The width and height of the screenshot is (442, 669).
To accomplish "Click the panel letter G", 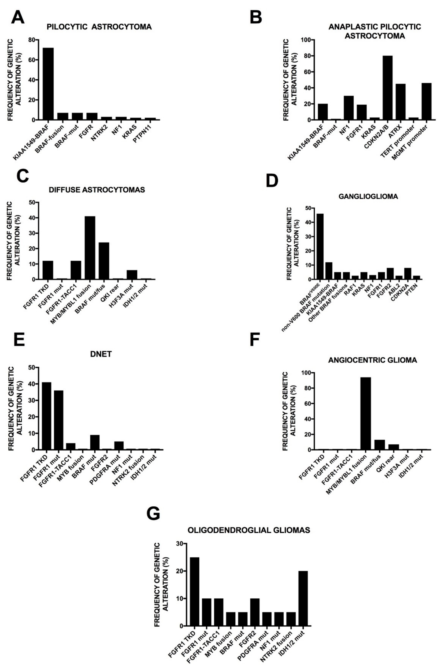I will (x=153, y=513).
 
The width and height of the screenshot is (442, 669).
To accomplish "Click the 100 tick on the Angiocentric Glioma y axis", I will (x=301, y=373).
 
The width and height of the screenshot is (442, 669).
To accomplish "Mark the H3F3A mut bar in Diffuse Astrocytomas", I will (x=132, y=275).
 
